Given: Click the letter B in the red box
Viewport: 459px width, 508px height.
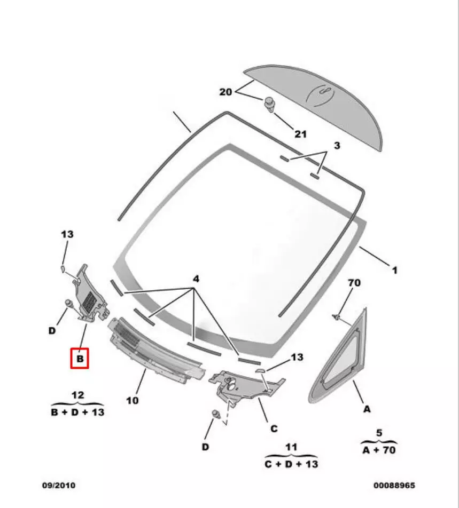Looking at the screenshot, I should pos(80,359).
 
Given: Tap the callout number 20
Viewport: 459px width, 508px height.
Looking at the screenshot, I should pos(226,92).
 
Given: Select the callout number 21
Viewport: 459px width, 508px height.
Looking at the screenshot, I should pos(301,133).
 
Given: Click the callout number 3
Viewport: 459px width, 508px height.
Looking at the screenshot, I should pos(337,146).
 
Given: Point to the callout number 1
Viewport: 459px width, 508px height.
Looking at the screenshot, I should pos(394,271).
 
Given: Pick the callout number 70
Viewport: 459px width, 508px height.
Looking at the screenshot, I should pos(354,283).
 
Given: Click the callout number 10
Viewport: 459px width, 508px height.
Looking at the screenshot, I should pos(133,400).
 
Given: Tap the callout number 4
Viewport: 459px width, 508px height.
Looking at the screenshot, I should pos(196,279).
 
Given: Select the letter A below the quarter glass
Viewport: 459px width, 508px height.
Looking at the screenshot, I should pos(367,409).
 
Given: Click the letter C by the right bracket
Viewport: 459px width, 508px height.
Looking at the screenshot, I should pos(274,428).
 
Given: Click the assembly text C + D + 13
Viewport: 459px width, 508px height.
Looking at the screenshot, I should pos(291,464).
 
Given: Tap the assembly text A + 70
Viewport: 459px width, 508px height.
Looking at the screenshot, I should pos(379,450).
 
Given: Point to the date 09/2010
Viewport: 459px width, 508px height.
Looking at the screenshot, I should pos(59,486).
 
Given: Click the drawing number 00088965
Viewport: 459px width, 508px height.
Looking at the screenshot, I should pos(394,486).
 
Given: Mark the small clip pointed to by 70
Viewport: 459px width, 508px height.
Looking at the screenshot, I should pos(338,318).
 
